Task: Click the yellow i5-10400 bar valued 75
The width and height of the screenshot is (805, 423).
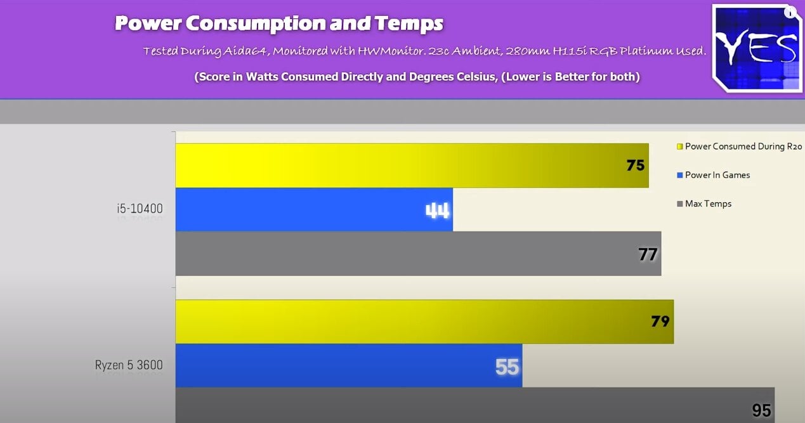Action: point(412,166)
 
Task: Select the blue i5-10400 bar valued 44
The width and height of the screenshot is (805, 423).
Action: point(314,209)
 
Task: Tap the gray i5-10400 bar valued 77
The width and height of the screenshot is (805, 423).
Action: point(418,254)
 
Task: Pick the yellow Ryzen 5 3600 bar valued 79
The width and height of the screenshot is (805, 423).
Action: point(425,322)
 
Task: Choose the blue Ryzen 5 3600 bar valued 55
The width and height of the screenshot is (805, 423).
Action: point(349,366)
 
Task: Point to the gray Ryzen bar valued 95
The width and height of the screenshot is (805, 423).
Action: point(475,405)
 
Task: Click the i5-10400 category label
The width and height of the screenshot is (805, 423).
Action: point(140,209)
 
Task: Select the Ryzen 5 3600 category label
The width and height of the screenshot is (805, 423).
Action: point(129,365)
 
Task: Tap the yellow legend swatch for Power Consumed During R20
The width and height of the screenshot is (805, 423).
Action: point(679,146)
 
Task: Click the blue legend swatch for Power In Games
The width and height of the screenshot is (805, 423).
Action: point(679,176)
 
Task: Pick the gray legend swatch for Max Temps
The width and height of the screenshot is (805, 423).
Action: point(679,204)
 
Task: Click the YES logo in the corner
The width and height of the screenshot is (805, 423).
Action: point(757,48)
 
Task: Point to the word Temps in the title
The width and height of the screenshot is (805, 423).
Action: point(409,24)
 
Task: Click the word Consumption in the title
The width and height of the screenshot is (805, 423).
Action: point(255,23)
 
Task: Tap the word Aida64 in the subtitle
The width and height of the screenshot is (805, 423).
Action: point(245,51)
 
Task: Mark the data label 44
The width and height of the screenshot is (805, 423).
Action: point(437,211)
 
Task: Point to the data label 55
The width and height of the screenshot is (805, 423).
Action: point(507,367)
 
